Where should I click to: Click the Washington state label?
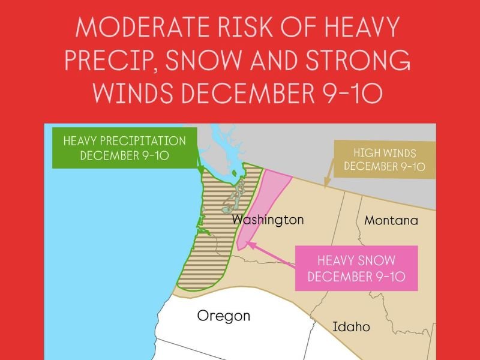268,220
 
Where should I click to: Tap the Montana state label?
391,220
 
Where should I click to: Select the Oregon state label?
223,316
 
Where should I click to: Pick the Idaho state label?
351,327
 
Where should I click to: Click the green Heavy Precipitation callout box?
124,148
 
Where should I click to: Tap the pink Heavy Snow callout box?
356,268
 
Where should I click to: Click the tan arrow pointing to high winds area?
328,180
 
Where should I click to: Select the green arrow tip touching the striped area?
201,173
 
